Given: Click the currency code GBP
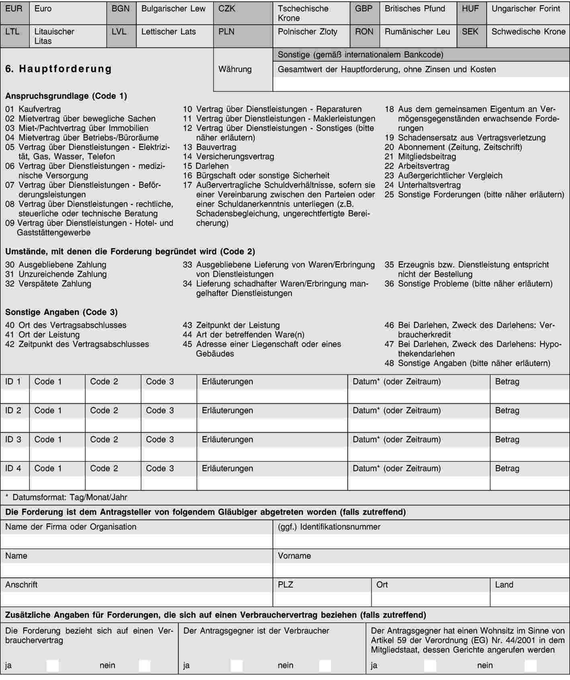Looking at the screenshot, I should pyautogui.click(x=364, y=9).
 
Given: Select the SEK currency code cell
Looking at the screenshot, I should pyautogui.click(x=470, y=32).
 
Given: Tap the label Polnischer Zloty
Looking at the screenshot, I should pyautogui.click(x=307, y=32).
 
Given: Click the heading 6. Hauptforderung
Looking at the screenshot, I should pyautogui.click(x=59, y=69).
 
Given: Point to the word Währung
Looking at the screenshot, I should pyautogui.click(x=235, y=69).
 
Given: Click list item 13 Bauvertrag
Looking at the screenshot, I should pyautogui.click(x=210, y=147).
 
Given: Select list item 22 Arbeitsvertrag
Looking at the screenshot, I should pyautogui.click(x=417, y=166).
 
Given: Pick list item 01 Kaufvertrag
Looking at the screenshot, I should pyautogui.click(x=33, y=109).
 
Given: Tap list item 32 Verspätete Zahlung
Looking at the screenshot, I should pyautogui.click(x=48, y=284).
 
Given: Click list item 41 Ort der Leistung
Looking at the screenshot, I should pyautogui.click(x=43, y=335).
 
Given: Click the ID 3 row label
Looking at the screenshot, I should pyautogui.click(x=13, y=439).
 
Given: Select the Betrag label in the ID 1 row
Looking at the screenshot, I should pyautogui.click(x=507, y=382).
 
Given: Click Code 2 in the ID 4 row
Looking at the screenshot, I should pyautogui.click(x=104, y=468).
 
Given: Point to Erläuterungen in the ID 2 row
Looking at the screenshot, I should pyautogui.click(x=227, y=410).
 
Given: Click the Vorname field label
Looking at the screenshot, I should pyautogui.click(x=294, y=556).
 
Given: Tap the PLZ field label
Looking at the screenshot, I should pyautogui.click(x=285, y=585).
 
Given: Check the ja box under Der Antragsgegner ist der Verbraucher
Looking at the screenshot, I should pyautogui.click(x=237, y=666).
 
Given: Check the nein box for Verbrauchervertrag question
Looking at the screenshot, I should pyautogui.click(x=145, y=666).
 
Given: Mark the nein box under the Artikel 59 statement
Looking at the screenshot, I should pyautogui.click(x=530, y=666).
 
